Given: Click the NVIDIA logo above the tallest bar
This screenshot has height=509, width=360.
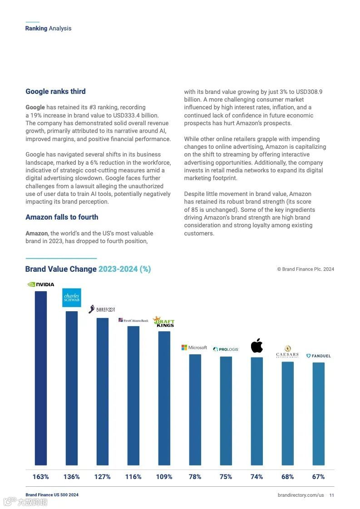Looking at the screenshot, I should click(41, 284).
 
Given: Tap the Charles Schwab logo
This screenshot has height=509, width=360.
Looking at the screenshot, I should click(72, 298).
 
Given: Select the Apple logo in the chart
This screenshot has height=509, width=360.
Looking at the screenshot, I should click(257, 346).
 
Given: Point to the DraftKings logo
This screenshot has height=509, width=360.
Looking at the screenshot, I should click(164, 321).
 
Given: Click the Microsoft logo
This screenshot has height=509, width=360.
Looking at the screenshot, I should click(194, 347).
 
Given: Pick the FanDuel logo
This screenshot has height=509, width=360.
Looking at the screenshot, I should click(318, 356).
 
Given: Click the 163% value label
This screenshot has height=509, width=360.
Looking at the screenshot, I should click(41, 477).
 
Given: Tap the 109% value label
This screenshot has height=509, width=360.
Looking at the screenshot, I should click(164, 477).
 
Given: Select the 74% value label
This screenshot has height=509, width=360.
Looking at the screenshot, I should click(256, 477).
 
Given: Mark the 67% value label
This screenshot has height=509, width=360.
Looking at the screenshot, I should click(318, 477).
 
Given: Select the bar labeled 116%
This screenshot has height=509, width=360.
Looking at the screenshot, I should click(133, 395).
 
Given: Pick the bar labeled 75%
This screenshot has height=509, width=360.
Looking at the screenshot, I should click(226, 411).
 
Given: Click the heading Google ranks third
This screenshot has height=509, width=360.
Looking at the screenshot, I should click(55, 92).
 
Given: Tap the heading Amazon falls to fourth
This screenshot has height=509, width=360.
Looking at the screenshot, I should click(62, 217).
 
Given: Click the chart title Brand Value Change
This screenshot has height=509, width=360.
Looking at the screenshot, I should click(88, 269).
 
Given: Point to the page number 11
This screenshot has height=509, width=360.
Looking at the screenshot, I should click(332, 495).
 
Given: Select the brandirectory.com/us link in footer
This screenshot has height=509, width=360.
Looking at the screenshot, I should click(301, 495).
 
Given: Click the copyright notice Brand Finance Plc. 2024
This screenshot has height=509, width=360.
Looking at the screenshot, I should click(306, 269).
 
